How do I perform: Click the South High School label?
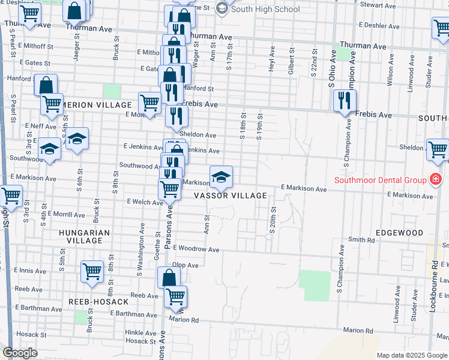tap(265, 9)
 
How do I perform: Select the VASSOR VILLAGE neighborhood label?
tap(230, 196)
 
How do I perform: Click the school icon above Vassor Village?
tap(221, 176)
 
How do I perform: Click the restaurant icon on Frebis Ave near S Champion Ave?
tap(345, 100)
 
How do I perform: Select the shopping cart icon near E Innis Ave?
tap(92, 272)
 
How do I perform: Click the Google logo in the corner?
tap(20, 353)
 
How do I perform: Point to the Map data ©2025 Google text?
tap(412, 355)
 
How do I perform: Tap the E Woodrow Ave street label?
tap(196, 248)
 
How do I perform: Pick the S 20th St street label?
tap(273, 218)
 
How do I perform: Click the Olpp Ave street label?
tap(185, 265)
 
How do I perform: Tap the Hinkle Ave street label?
tap(140, 332)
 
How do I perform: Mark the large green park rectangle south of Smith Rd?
tap(315, 286)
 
